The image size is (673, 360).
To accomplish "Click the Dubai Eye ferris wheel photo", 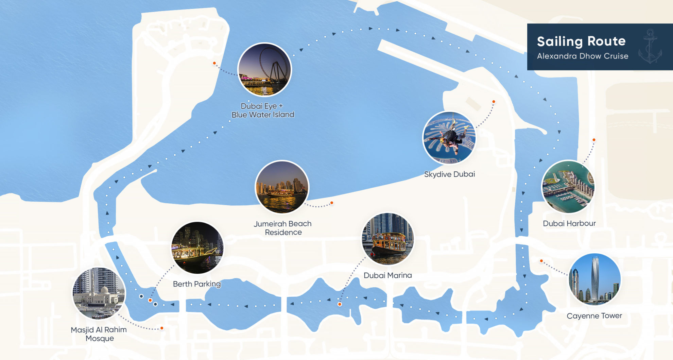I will click(264, 70).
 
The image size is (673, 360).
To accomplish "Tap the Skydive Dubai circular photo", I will click(449, 138).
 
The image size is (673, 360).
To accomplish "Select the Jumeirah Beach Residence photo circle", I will click(282, 187).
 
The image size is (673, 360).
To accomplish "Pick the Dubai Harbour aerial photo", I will click(568, 187).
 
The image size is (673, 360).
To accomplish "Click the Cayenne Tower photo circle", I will click(594, 279).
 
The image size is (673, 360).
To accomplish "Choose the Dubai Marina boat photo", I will click(388, 239).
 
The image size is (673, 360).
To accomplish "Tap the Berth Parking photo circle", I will click(197, 248).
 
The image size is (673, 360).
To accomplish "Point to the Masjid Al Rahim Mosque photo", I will click(99, 293).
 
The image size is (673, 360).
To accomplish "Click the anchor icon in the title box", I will click(650, 47).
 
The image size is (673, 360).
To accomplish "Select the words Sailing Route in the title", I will click(581, 41).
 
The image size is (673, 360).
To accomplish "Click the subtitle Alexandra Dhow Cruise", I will click(582, 56).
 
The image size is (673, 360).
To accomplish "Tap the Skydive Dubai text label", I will click(449, 174).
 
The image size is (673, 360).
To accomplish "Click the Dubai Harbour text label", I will click(569, 223).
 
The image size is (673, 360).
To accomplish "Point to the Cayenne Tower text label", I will click(594, 316).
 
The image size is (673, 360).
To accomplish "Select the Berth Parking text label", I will click(197, 284).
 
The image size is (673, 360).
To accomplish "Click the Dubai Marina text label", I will click(387, 275).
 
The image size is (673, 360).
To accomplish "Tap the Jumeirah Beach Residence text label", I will click(283, 228).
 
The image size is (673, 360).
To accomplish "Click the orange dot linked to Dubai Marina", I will click(340, 304).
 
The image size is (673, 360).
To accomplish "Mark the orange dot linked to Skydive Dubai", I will click(494, 102).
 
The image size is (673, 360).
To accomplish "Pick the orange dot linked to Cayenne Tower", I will click(541, 261).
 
